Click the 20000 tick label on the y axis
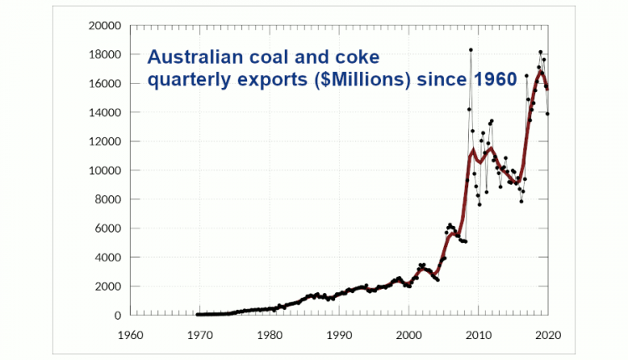pyautogui.click(x=103, y=26)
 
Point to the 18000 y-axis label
pyautogui.click(x=103, y=54)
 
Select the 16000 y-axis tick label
pyautogui.click(x=103, y=84)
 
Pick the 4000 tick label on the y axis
pyautogui.click(x=106, y=257)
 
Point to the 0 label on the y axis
pyautogui.click(x=116, y=315)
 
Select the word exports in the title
pyautogui.click(x=271, y=80)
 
